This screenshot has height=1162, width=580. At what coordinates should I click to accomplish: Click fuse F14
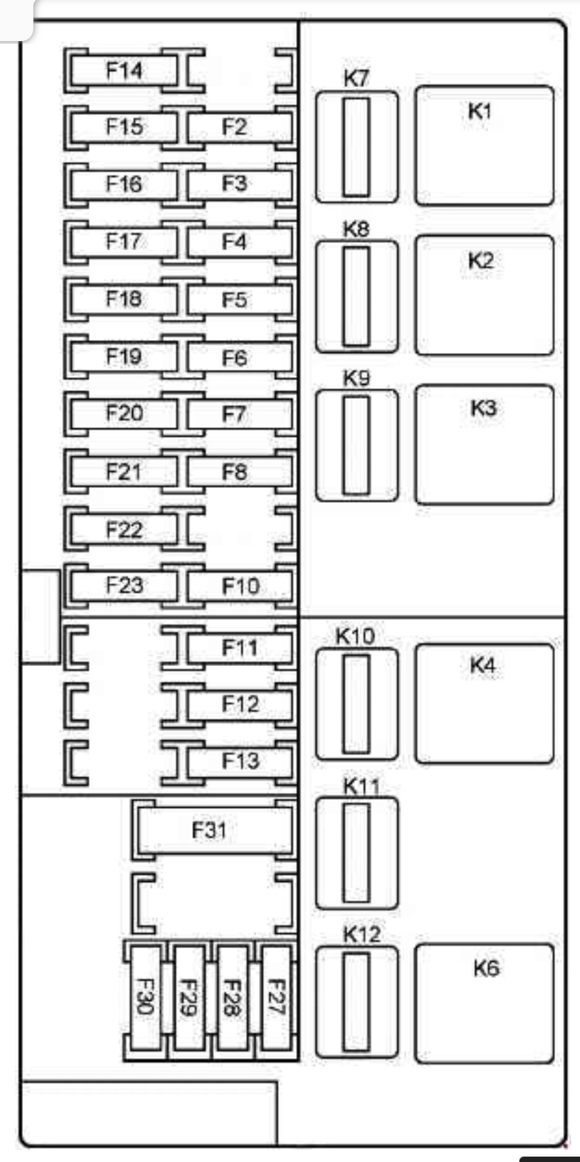click(x=124, y=70)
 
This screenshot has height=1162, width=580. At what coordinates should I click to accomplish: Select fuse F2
click(x=235, y=127)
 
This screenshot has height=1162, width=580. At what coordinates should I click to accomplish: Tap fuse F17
click(x=124, y=242)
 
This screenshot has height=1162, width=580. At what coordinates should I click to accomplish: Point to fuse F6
click(x=235, y=357)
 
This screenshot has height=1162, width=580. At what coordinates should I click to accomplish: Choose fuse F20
click(x=124, y=413)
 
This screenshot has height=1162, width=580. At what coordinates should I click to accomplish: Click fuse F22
click(x=124, y=529)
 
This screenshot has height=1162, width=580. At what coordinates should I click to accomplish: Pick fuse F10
click(x=239, y=586)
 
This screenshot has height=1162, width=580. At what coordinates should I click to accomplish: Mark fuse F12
click(x=239, y=704)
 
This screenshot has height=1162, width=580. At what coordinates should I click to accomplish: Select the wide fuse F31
click(x=210, y=829)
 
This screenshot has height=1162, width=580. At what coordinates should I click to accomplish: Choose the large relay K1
click(x=484, y=146)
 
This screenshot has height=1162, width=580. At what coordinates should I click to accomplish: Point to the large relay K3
click(x=484, y=445)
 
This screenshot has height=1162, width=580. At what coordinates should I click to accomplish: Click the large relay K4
click(x=484, y=703)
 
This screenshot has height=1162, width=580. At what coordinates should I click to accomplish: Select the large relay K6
click(x=484, y=1003)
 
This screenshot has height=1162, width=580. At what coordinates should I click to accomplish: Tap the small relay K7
click(x=357, y=147)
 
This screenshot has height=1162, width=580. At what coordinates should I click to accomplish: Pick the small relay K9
click(x=357, y=445)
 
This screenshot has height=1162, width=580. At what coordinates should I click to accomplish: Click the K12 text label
click(x=361, y=935)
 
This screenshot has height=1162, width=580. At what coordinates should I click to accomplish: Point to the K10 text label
click(x=355, y=636)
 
